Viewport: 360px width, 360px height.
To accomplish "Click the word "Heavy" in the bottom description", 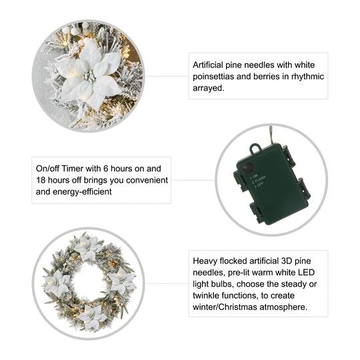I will click(205, 262).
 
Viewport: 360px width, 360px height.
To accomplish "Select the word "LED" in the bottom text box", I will click(314, 274).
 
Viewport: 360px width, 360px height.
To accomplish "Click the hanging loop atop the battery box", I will click(255, 149).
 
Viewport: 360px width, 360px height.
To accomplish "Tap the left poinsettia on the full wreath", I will click(57, 283).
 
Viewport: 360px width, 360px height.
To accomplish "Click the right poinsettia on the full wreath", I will click(122, 281).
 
